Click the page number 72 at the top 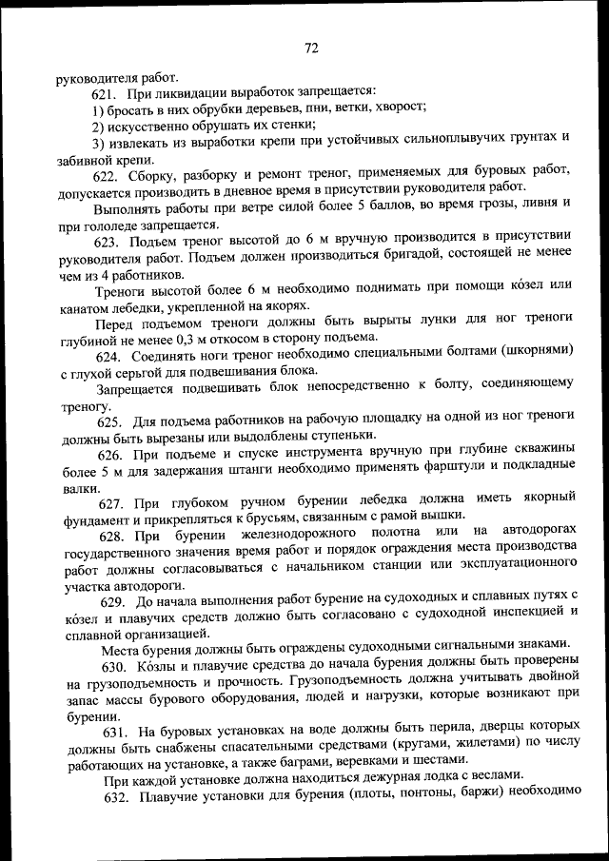pos(310,48)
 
